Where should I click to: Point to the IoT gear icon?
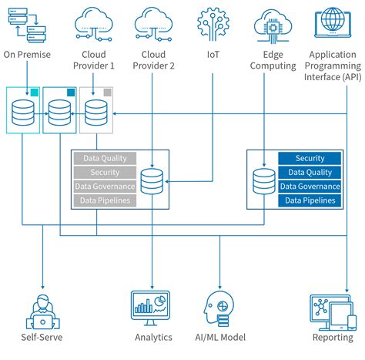click(213, 23)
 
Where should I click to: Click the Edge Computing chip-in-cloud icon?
click(274, 23)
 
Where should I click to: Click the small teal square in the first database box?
click(33, 93)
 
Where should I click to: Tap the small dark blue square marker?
click(71, 93)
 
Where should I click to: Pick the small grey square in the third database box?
click(107, 93)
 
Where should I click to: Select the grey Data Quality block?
click(105, 159)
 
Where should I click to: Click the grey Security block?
click(105, 173)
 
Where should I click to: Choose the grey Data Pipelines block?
click(105, 200)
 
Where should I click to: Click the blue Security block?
click(310, 159)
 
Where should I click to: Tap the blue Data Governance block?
click(310, 187)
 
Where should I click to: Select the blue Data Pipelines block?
click(310, 200)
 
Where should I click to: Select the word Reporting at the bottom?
click(332, 338)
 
